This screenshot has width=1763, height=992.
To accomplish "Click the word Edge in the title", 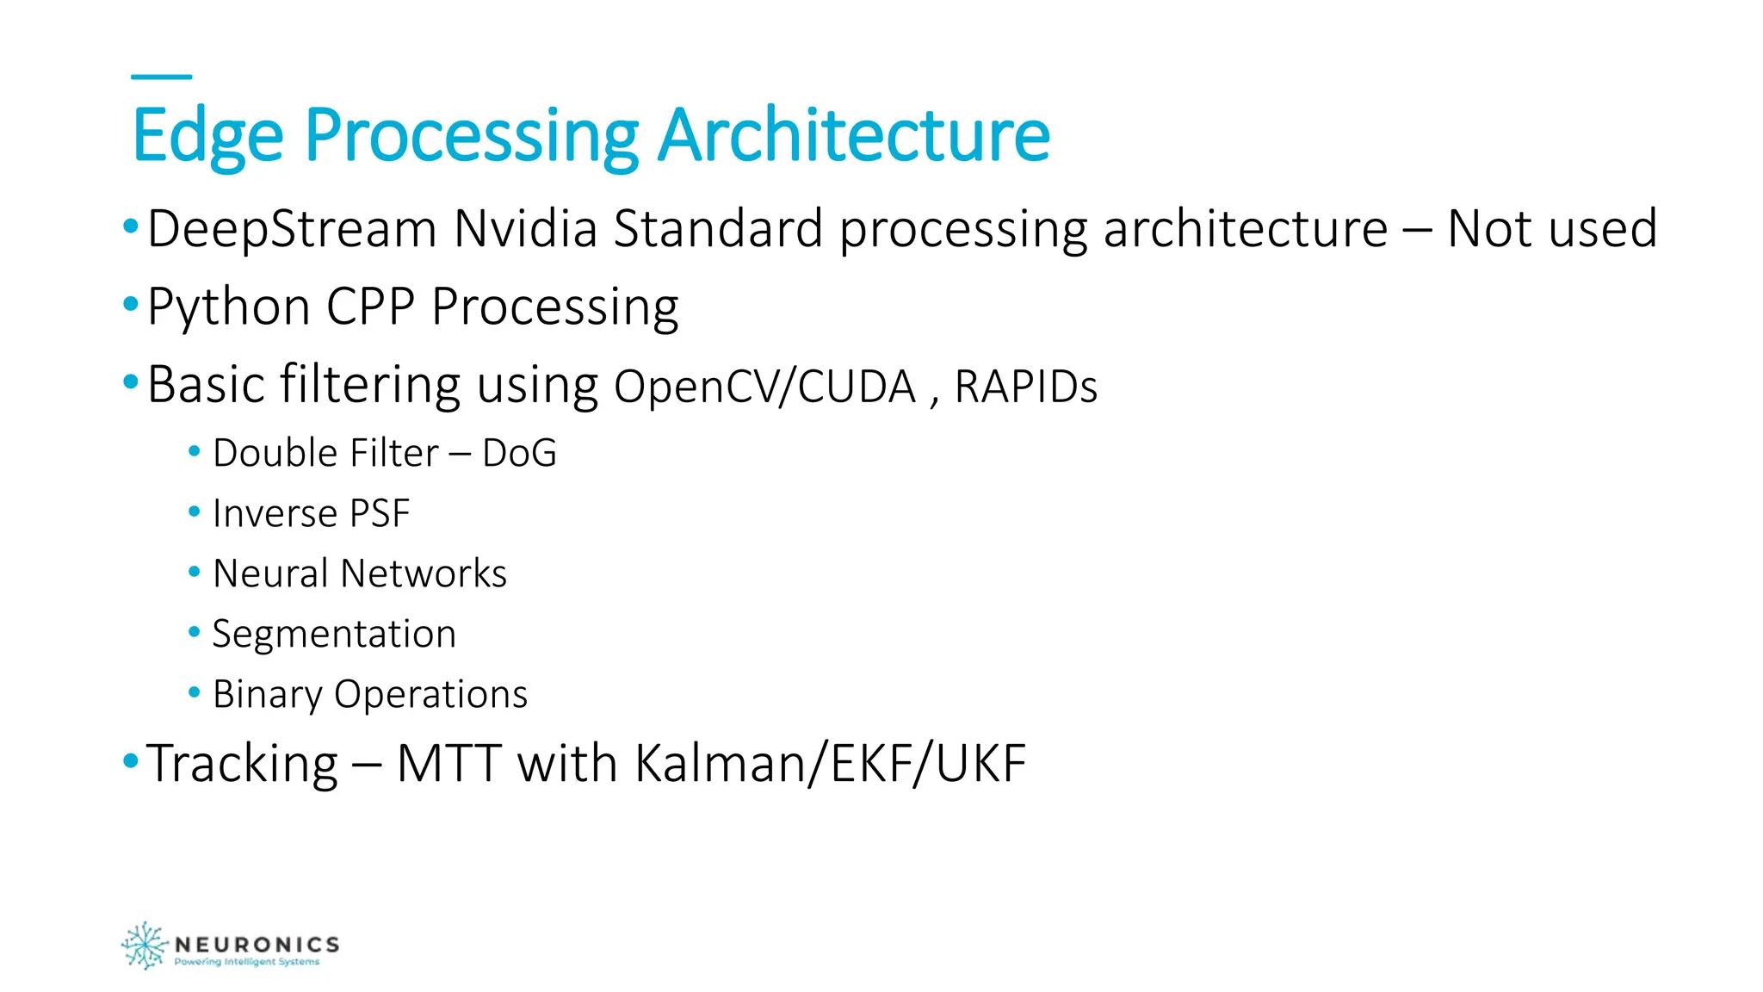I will [x=207, y=136].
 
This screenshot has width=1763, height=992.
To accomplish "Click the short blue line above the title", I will [x=161, y=77].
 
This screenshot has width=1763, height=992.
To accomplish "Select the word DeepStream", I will [x=292, y=229].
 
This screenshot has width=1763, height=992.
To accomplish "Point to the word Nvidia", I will [x=525, y=229].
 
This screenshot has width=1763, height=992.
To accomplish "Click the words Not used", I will [x=1552, y=229].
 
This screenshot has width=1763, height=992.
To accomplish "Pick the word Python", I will [x=229, y=307].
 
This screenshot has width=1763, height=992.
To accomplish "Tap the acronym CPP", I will [x=370, y=307].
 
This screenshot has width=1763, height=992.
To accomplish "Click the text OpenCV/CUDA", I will [x=764, y=387].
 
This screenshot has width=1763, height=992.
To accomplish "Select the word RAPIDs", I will [x=1026, y=387].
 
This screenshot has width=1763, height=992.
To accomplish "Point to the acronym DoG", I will [x=519, y=453].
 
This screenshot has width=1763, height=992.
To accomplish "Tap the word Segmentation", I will [x=334, y=635].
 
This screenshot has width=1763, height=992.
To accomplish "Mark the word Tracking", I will [x=243, y=764].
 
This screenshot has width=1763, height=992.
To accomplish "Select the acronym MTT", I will [x=448, y=764].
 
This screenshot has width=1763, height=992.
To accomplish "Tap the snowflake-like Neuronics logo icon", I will [x=144, y=945].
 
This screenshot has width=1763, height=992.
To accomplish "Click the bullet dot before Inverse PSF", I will [x=195, y=512].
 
